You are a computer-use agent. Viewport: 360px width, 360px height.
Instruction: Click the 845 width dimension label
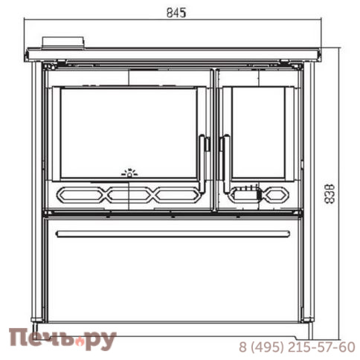pyautogui.click(x=176, y=13)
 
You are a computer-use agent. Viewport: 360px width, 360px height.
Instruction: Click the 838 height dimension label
pyautogui.click(x=330, y=194)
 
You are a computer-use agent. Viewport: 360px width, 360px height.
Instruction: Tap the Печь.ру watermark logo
pyautogui.click(x=62, y=338)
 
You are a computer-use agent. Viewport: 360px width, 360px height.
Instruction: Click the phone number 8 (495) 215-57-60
pyautogui.click(x=297, y=347)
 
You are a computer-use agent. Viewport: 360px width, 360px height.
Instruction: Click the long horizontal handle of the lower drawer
pyautogui.click(x=173, y=234)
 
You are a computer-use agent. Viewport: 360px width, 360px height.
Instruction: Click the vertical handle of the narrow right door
pyautogui.click(x=226, y=164)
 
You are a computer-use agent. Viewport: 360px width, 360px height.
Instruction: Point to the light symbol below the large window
pyautogui.click(x=129, y=173)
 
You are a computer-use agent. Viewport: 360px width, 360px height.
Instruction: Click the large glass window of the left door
pyautogui.click(x=129, y=133)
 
